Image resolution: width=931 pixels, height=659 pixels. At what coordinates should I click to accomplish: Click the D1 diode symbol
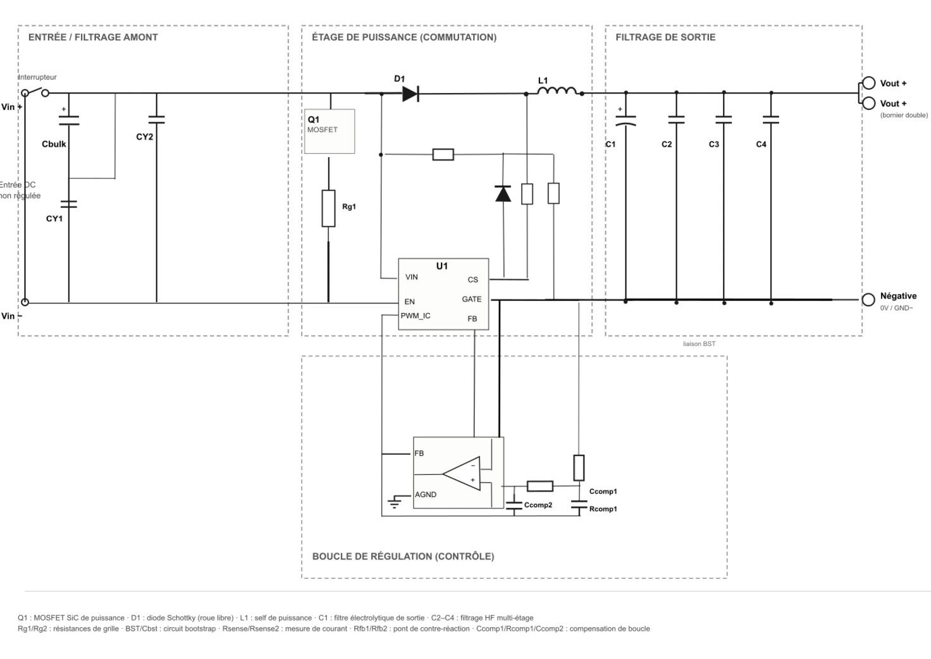point(410,94)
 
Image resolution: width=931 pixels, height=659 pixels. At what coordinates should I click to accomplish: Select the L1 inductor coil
point(557,90)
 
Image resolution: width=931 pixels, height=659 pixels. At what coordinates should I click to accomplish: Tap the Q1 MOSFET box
point(330,132)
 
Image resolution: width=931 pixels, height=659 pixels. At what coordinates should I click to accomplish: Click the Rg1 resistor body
point(328,209)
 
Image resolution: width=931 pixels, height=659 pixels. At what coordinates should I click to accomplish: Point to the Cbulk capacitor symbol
point(69,121)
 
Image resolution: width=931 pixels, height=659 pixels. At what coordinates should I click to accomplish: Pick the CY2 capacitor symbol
point(157,120)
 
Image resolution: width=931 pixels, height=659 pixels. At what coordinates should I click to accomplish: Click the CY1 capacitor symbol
point(68,204)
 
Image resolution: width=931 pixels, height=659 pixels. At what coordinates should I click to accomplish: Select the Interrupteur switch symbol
point(35,92)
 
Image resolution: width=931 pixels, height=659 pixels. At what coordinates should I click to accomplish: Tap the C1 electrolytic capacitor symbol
point(626,121)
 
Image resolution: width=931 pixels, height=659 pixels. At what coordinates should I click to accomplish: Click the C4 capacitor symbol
point(771,120)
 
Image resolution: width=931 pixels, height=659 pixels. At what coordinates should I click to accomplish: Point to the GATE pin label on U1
point(472,299)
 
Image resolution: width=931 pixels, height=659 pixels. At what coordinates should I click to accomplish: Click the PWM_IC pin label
point(416,316)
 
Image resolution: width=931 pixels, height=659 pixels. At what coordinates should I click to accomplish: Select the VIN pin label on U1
point(412,277)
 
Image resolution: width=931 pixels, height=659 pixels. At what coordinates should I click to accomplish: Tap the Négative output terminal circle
point(868,300)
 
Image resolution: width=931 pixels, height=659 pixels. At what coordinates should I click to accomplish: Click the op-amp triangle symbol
point(461,473)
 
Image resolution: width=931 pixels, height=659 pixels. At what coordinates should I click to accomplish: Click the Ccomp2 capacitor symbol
point(514,505)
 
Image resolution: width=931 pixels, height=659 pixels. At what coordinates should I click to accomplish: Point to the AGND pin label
point(426,495)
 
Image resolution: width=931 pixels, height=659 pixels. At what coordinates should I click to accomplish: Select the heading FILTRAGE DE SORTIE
point(665,37)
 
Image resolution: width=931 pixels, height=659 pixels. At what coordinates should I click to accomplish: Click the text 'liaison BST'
point(699,344)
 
